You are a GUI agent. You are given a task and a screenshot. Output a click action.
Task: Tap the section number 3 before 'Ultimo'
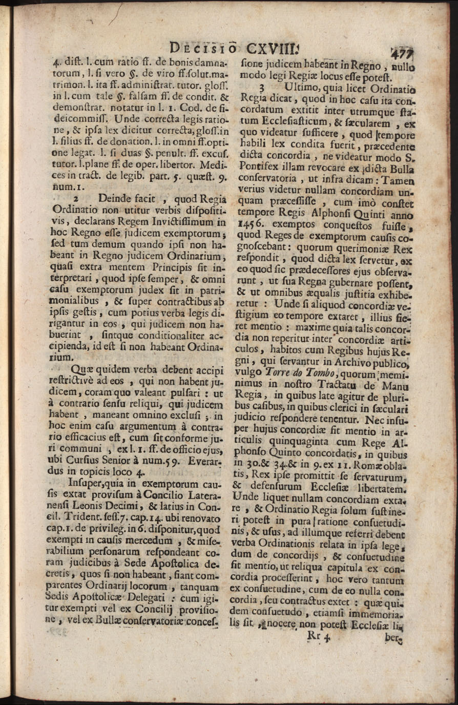261,86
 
